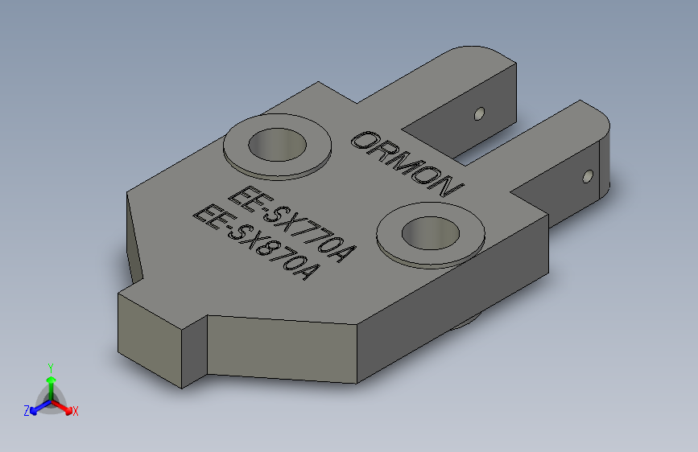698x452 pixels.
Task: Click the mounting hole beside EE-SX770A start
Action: (278, 146)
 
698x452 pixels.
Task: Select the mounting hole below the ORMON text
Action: (431, 232)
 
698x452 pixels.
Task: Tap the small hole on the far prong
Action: (480, 113)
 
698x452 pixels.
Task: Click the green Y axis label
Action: (50, 367)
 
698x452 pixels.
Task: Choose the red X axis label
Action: (75, 411)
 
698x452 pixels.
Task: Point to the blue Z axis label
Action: (27, 410)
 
